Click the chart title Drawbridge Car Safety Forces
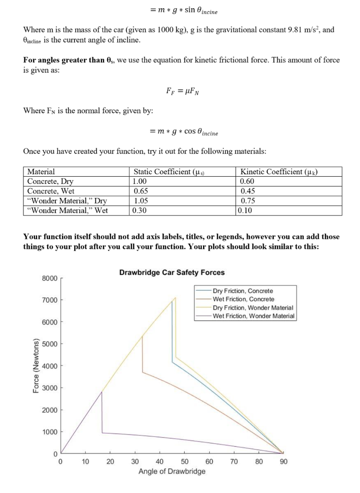(171, 272)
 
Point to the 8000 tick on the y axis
(50, 278)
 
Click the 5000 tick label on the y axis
(50, 344)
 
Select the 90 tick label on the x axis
(283, 461)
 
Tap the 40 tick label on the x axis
(159, 461)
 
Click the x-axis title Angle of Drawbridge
(171, 471)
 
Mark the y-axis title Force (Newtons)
(36, 366)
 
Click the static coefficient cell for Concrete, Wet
(140, 191)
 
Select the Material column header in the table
(41, 172)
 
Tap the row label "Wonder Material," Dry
(67, 201)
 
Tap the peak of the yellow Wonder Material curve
(176, 298)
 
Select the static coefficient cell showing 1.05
(140, 201)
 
